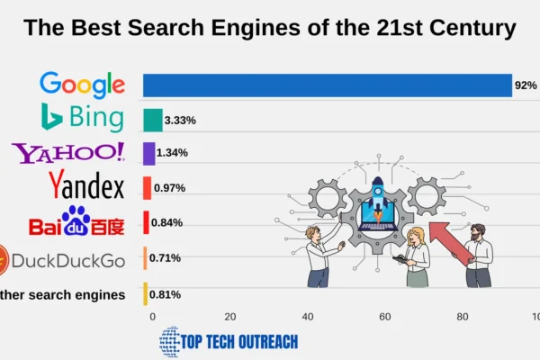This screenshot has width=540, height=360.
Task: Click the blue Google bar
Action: (x=328, y=85)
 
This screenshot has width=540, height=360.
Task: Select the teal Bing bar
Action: (x=153, y=120)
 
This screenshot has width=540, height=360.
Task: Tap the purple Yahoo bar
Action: (x=148, y=153)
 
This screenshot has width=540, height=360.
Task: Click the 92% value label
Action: (x=526, y=85)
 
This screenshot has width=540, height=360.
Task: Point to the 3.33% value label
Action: (x=180, y=120)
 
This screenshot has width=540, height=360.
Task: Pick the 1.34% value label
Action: (x=172, y=153)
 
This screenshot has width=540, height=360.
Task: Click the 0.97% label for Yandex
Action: (x=169, y=187)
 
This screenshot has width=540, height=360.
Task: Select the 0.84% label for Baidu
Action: (x=167, y=222)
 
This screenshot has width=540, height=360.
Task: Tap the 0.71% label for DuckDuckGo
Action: (x=166, y=258)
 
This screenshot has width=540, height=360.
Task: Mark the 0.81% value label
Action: (x=166, y=294)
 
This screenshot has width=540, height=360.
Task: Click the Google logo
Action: (x=82, y=85)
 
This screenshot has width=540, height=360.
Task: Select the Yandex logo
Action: (x=86, y=187)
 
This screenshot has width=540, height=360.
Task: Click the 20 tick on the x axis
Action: (x=230, y=317)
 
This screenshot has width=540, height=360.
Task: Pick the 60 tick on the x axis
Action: (x=385, y=317)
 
